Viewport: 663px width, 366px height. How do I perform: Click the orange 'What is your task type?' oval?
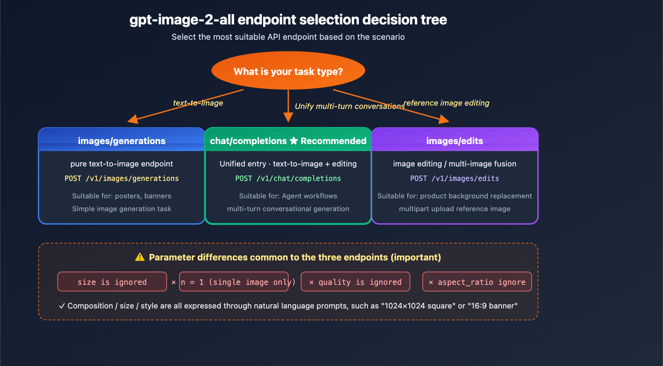pyautogui.click(x=288, y=71)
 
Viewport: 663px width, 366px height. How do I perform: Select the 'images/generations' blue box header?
pyautogui.click(x=121, y=141)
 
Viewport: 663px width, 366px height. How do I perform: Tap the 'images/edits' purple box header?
pyautogui.click(x=455, y=141)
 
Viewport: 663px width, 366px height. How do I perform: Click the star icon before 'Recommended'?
pyautogui.click(x=294, y=141)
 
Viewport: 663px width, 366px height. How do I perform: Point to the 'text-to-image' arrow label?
pyautogui.click(x=198, y=103)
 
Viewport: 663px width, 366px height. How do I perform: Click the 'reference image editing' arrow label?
pyautogui.click(x=446, y=103)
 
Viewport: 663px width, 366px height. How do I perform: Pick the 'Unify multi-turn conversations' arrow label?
pyautogui.click(x=349, y=106)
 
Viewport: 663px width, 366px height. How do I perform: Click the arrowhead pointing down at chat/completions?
pyautogui.click(x=288, y=117)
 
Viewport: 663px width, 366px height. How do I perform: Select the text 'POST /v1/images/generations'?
pyautogui.click(x=121, y=178)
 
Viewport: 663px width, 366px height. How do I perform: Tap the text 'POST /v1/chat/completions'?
pyautogui.click(x=288, y=178)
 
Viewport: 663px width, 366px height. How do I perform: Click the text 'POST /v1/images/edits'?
pyautogui.click(x=455, y=178)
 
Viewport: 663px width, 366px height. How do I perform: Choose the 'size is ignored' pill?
pyautogui.click(x=112, y=282)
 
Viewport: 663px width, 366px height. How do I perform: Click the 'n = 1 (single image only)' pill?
pyautogui.click(x=234, y=282)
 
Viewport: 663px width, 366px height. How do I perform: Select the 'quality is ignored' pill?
pyautogui.click(x=356, y=282)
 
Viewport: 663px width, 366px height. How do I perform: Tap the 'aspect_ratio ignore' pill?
pyautogui.click(x=477, y=282)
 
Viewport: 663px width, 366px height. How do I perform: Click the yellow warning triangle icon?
pyautogui.click(x=140, y=257)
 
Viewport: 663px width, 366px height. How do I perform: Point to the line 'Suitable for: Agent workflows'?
pyautogui.click(x=288, y=196)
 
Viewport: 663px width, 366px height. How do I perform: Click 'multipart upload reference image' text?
pyautogui.click(x=455, y=209)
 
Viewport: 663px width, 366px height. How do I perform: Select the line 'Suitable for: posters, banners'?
pyautogui.click(x=121, y=196)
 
